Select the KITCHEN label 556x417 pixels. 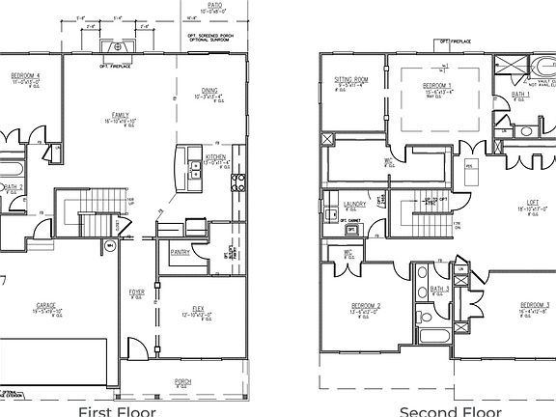(x=215, y=156)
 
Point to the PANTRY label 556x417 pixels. (x=180, y=252)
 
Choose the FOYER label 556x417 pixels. (x=137, y=291)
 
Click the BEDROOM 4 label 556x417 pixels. (x=25, y=75)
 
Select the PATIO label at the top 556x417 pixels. (x=214, y=5)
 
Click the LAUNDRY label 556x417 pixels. (x=354, y=204)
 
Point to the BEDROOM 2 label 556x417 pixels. (x=365, y=306)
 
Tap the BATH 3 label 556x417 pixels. (x=439, y=288)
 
